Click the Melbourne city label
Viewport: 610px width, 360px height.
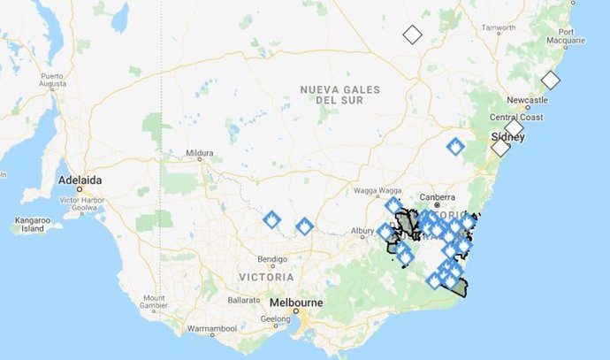[296, 302]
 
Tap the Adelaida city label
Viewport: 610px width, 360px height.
[80, 180]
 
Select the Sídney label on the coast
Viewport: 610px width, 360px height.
[507, 137]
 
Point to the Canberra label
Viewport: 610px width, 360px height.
[437, 196]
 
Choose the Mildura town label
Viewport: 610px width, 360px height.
[200, 153]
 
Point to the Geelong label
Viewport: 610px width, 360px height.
[276, 319]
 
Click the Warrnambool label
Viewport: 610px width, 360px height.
[209, 329]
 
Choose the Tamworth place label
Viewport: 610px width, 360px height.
[498, 27]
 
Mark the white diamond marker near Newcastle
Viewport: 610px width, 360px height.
[551, 80]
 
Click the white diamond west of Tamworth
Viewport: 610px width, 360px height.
[411, 34]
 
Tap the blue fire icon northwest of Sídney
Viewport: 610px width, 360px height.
[455, 146]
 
